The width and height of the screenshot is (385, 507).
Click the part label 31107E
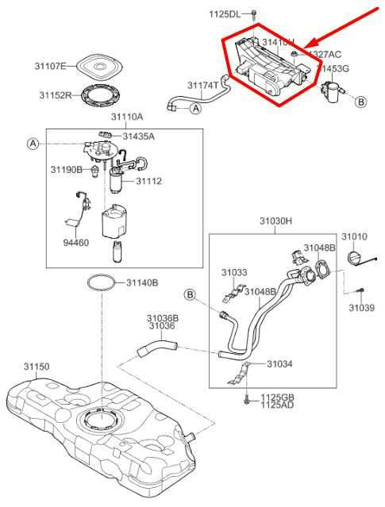51,65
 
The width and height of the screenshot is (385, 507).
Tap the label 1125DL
224,14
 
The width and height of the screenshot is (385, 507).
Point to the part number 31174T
203,85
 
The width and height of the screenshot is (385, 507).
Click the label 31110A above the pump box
127,117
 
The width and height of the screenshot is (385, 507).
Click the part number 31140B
142,282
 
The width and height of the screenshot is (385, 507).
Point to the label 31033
234,272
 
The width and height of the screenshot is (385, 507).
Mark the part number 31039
360,308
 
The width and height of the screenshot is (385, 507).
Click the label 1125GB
278,396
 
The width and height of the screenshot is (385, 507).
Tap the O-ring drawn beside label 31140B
100,282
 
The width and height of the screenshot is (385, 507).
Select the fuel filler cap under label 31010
356,255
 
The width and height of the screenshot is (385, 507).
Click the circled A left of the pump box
33,144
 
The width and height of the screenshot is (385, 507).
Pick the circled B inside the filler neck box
191,294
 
